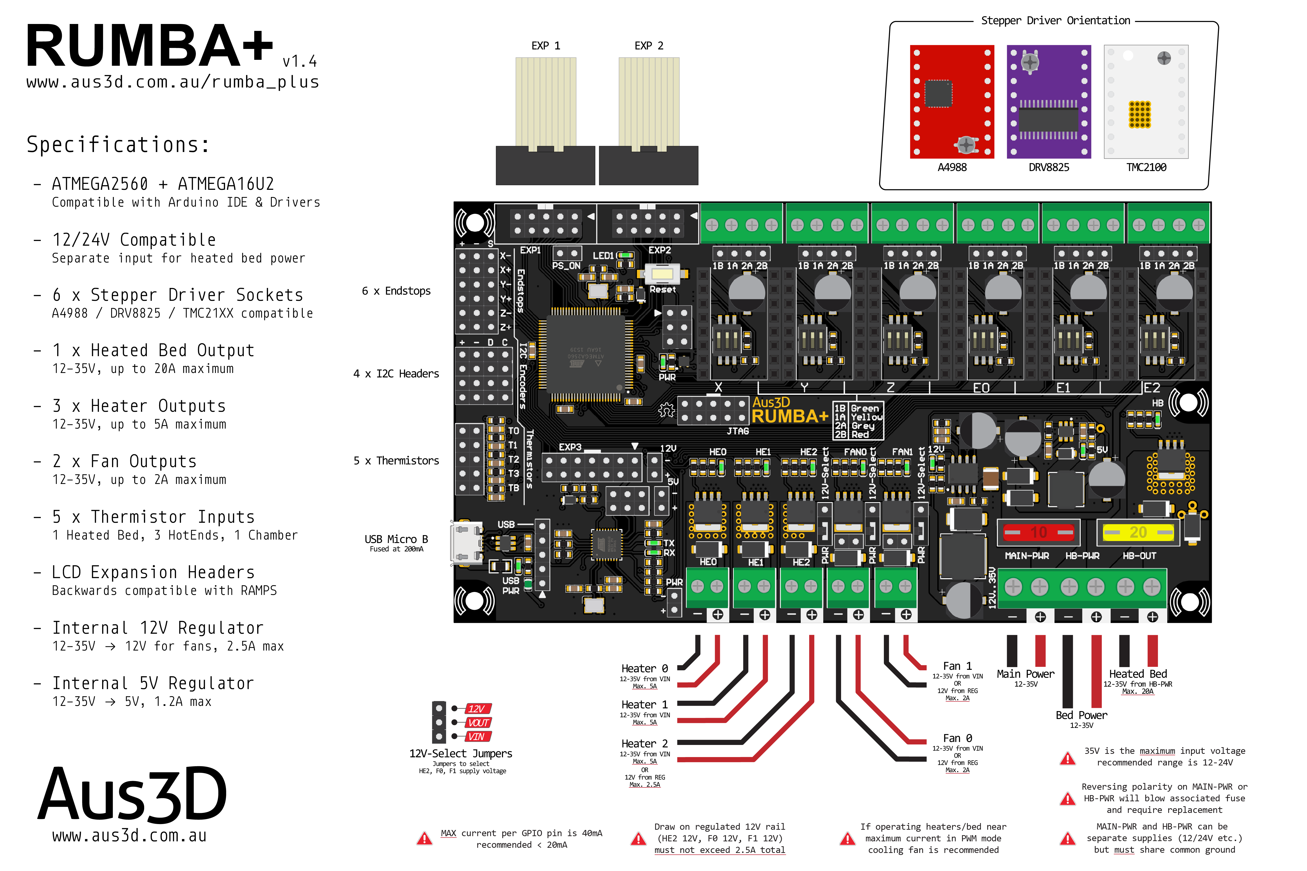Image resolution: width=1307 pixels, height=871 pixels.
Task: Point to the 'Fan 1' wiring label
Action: click(x=957, y=665)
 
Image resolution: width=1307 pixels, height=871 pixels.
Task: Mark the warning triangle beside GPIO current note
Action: click(x=425, y=838)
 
